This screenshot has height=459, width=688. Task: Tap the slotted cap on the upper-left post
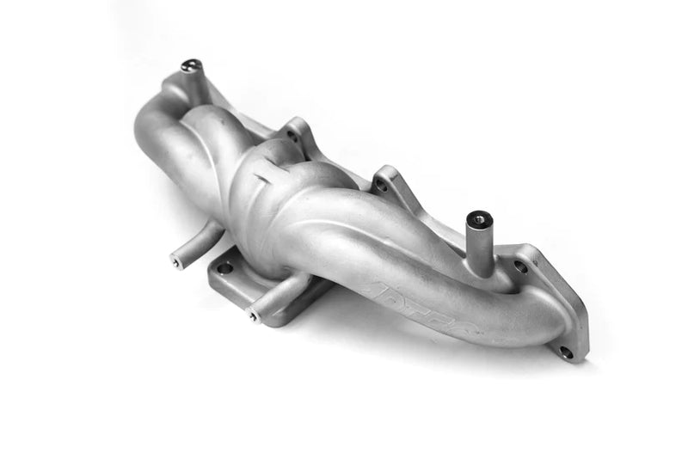(x=191, y=65)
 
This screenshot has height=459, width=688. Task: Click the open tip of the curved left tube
(x=177, y=261)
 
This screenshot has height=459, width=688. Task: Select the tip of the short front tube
(x=254, y=316)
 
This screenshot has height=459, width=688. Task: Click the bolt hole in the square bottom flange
(x=225, y=267)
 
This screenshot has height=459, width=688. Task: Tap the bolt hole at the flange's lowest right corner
(x=565, y=352)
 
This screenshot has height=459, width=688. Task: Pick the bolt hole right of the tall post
(x=520, y=266)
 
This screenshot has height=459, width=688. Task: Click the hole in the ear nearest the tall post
(x=380, y=184)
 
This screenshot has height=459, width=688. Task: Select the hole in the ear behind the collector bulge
(x=293, y=136)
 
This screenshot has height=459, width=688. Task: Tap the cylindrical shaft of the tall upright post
(x=480, y=245)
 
